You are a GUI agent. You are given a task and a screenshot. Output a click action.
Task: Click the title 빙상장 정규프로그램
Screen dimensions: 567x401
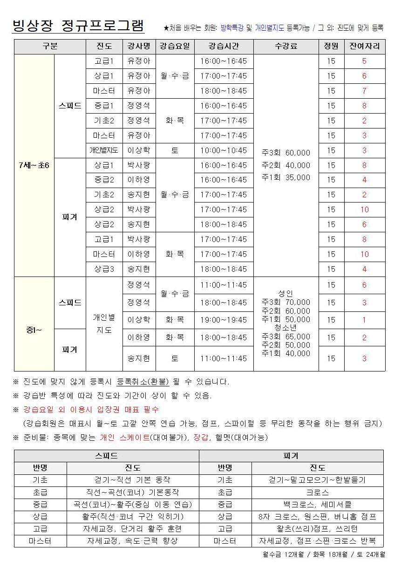(x=78, y=25)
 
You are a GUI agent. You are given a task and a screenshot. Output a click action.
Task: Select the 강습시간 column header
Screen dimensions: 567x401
(x=224, y=47)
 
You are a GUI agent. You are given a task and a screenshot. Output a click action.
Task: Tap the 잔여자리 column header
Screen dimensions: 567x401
(x=364, y=47)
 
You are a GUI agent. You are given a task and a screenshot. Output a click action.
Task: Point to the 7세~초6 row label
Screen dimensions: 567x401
(x=34, y=166)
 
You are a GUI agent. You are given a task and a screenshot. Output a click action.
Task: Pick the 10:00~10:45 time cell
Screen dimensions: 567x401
(x=224, y=150)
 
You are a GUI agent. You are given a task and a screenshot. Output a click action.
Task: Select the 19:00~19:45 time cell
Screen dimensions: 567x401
(x=224, y=320)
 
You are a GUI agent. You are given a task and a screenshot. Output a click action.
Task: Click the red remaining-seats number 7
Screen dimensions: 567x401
(x=364, y=91)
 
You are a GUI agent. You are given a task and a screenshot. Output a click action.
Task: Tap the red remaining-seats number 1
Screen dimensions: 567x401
(x=364, y=320)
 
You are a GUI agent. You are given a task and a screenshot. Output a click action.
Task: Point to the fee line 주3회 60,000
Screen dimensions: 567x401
(x=285, y=153)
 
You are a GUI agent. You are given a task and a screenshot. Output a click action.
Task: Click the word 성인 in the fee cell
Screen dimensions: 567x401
(x=285, y=293)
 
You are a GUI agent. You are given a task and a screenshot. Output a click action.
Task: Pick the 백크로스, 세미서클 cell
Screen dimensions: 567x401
(x=317, y=504)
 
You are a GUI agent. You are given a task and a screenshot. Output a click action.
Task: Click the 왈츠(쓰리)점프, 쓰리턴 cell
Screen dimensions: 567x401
(x=317, y=529)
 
